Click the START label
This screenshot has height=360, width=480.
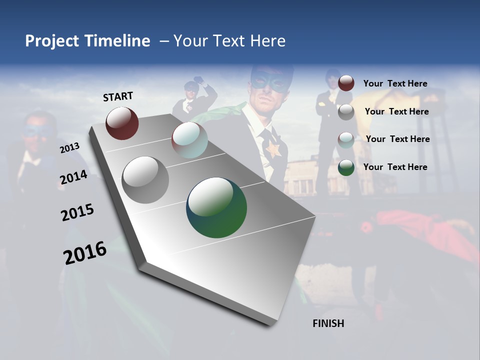click(x=118, y=96)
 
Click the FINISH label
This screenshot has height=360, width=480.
click(x=328, y=323)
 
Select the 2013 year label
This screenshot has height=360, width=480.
click(x=70, y=147)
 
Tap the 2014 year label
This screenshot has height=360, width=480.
click(x=73, y=177)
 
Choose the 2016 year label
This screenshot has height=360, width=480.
click(x=85, y=253)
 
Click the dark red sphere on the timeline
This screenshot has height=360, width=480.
click(x=122, y=123)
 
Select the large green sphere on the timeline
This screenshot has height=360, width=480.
click(x=216, y=207)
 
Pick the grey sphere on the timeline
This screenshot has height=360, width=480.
click(x=145, y=180)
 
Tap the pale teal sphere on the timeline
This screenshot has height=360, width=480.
click(x=189, y=140)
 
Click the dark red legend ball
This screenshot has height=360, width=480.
click(x=346, y=83)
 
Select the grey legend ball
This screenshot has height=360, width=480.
click(x=346, y=111)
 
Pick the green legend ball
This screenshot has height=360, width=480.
click(x=346, y=167)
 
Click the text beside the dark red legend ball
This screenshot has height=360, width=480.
click(x=395, y=83)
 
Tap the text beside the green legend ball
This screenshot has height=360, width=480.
click(x=395, y=167)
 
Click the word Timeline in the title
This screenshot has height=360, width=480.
click(x=117, y=41)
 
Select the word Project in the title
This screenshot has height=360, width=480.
click(x=52, y=41)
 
